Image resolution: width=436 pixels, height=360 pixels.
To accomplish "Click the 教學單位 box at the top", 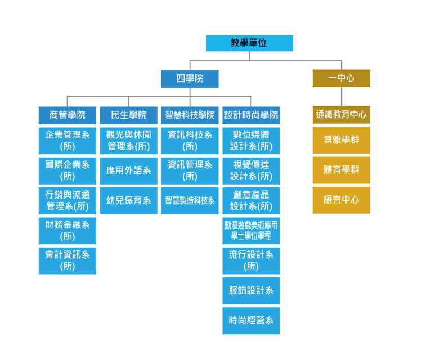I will [249, 43].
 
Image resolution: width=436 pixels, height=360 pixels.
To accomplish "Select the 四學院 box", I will [190, 78].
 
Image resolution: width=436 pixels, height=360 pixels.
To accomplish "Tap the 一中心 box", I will [341, 78].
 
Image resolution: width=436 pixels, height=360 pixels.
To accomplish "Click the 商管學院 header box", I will [68, 115].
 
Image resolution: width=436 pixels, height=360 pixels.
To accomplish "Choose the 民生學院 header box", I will [128, 115].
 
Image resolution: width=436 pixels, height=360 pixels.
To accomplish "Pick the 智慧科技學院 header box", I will [190, 115].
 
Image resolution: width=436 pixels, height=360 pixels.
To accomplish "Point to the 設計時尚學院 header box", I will [251, 115].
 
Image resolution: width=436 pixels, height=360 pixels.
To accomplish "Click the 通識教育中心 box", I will [341, 115].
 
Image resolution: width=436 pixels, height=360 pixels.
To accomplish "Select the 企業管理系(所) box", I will [68, 140].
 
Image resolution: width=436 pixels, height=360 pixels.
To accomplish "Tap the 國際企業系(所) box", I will [68, 170].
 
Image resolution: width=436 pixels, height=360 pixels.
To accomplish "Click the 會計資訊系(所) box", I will [68, 260].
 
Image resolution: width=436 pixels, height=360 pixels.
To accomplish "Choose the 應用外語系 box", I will [128, 170].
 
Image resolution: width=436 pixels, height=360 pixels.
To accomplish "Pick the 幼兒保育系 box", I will [128, 200].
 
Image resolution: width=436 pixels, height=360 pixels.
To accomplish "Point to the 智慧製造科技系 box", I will [190, 200].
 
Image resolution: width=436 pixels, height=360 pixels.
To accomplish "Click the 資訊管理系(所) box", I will [190, 170].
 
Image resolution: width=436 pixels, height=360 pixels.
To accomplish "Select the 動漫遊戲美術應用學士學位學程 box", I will [251, 230].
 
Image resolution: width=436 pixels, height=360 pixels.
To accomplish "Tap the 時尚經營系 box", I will [251, 321].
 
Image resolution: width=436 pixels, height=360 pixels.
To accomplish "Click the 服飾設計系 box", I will [251, 290].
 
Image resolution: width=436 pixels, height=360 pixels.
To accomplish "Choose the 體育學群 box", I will [341, 170].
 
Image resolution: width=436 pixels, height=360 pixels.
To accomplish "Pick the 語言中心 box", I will [341, 200].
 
